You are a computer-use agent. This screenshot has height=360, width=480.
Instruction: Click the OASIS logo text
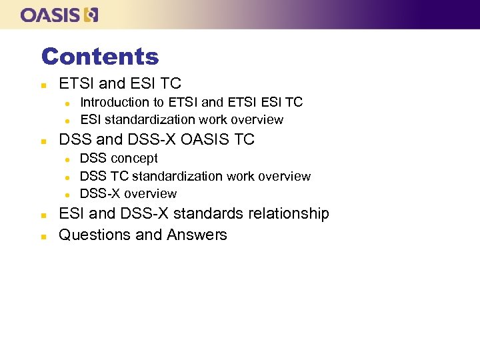click(x=51, y=15)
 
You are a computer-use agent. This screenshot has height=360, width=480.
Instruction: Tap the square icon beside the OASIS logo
click(x=91, y=15)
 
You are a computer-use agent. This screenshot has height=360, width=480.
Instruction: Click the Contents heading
click(x=100, y=57)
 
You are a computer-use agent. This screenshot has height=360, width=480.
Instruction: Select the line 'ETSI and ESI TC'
click(x=120, y=84)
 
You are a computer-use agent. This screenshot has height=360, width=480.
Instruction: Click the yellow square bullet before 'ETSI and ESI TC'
click(x=43, y=85)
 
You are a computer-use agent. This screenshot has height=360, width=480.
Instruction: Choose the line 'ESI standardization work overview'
click(x=181, y=120)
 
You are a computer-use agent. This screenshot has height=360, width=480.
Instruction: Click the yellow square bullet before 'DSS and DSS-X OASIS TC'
click(x=43, y=141)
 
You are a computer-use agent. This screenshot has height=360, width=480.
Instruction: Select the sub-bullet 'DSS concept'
click(x=119, y=159)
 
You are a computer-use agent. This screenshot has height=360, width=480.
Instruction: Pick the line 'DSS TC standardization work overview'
click(x=195, y=176)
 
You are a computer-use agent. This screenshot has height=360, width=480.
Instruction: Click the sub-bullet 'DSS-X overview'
click(x=128, y=194)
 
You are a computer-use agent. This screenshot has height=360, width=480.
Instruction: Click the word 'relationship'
click(x=289, y=214)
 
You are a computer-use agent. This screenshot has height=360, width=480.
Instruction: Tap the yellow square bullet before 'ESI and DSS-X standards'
click(x=43, y=215)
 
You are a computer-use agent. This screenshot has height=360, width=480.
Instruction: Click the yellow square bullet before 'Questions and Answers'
click(x=43, y=236)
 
